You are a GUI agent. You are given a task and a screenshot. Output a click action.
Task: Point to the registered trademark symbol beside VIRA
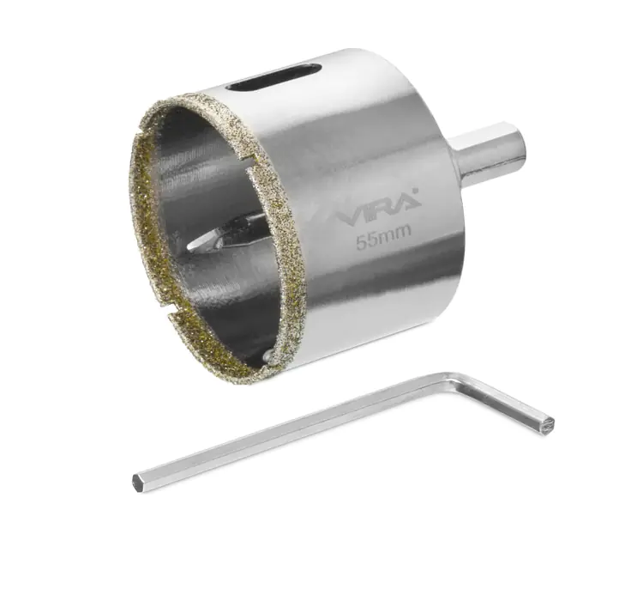[x=416, y=192]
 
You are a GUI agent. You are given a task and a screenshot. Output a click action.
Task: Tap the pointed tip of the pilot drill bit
[x=190, y=247]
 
